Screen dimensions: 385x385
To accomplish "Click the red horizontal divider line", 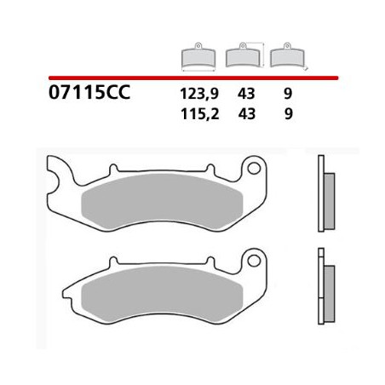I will pyautogui.click(x=192, y=77).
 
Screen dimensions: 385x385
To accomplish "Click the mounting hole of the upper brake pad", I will pyautogui.click(x=253, y=169).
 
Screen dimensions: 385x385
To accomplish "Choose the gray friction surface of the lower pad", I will pyautogui.click(x=162, y=292).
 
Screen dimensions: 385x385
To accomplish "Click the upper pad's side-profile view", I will pyautogui.click(x=324, y=193).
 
